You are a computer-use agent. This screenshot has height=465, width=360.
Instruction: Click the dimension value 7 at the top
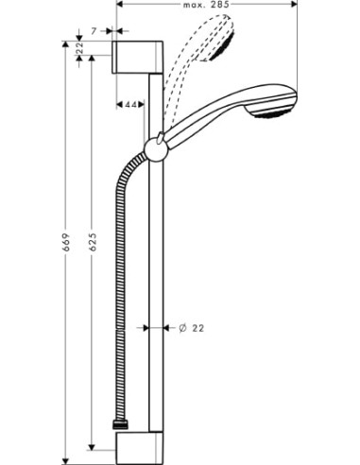[x=95, y=32]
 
